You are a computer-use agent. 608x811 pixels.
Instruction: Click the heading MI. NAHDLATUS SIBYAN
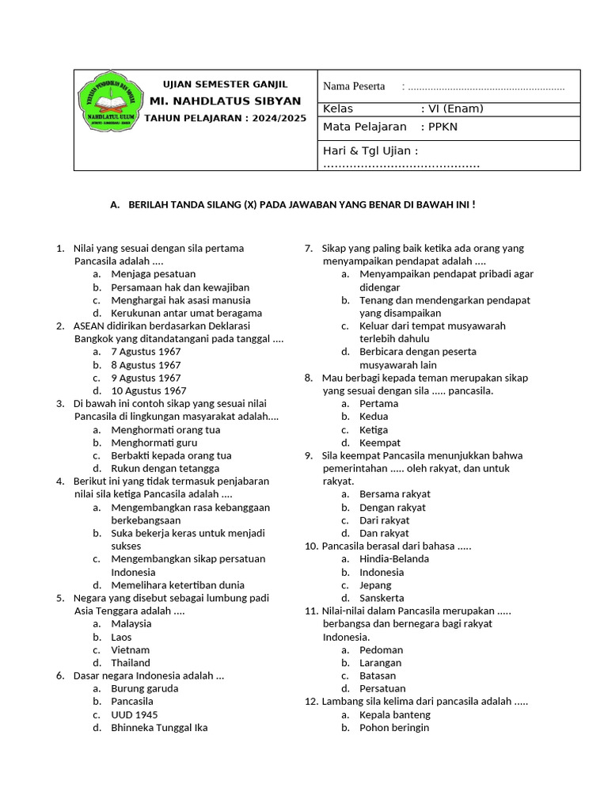[225, 101]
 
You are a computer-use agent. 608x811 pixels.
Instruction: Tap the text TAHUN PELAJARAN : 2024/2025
[225, 118]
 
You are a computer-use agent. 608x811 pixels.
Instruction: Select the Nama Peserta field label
[354, 86]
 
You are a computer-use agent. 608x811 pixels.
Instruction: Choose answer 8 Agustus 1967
[146, 365]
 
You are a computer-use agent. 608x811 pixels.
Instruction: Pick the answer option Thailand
[131, 663]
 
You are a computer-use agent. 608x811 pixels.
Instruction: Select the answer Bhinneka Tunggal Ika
[159, 727]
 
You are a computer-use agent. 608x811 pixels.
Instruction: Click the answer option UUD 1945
[134, 714]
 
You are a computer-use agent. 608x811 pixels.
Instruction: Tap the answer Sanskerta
[382, 598]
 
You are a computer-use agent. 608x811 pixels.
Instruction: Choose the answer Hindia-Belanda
[394, 558]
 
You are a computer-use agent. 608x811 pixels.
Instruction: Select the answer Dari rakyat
[384, 520]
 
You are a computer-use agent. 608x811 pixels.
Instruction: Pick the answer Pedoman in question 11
[381, 649]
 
